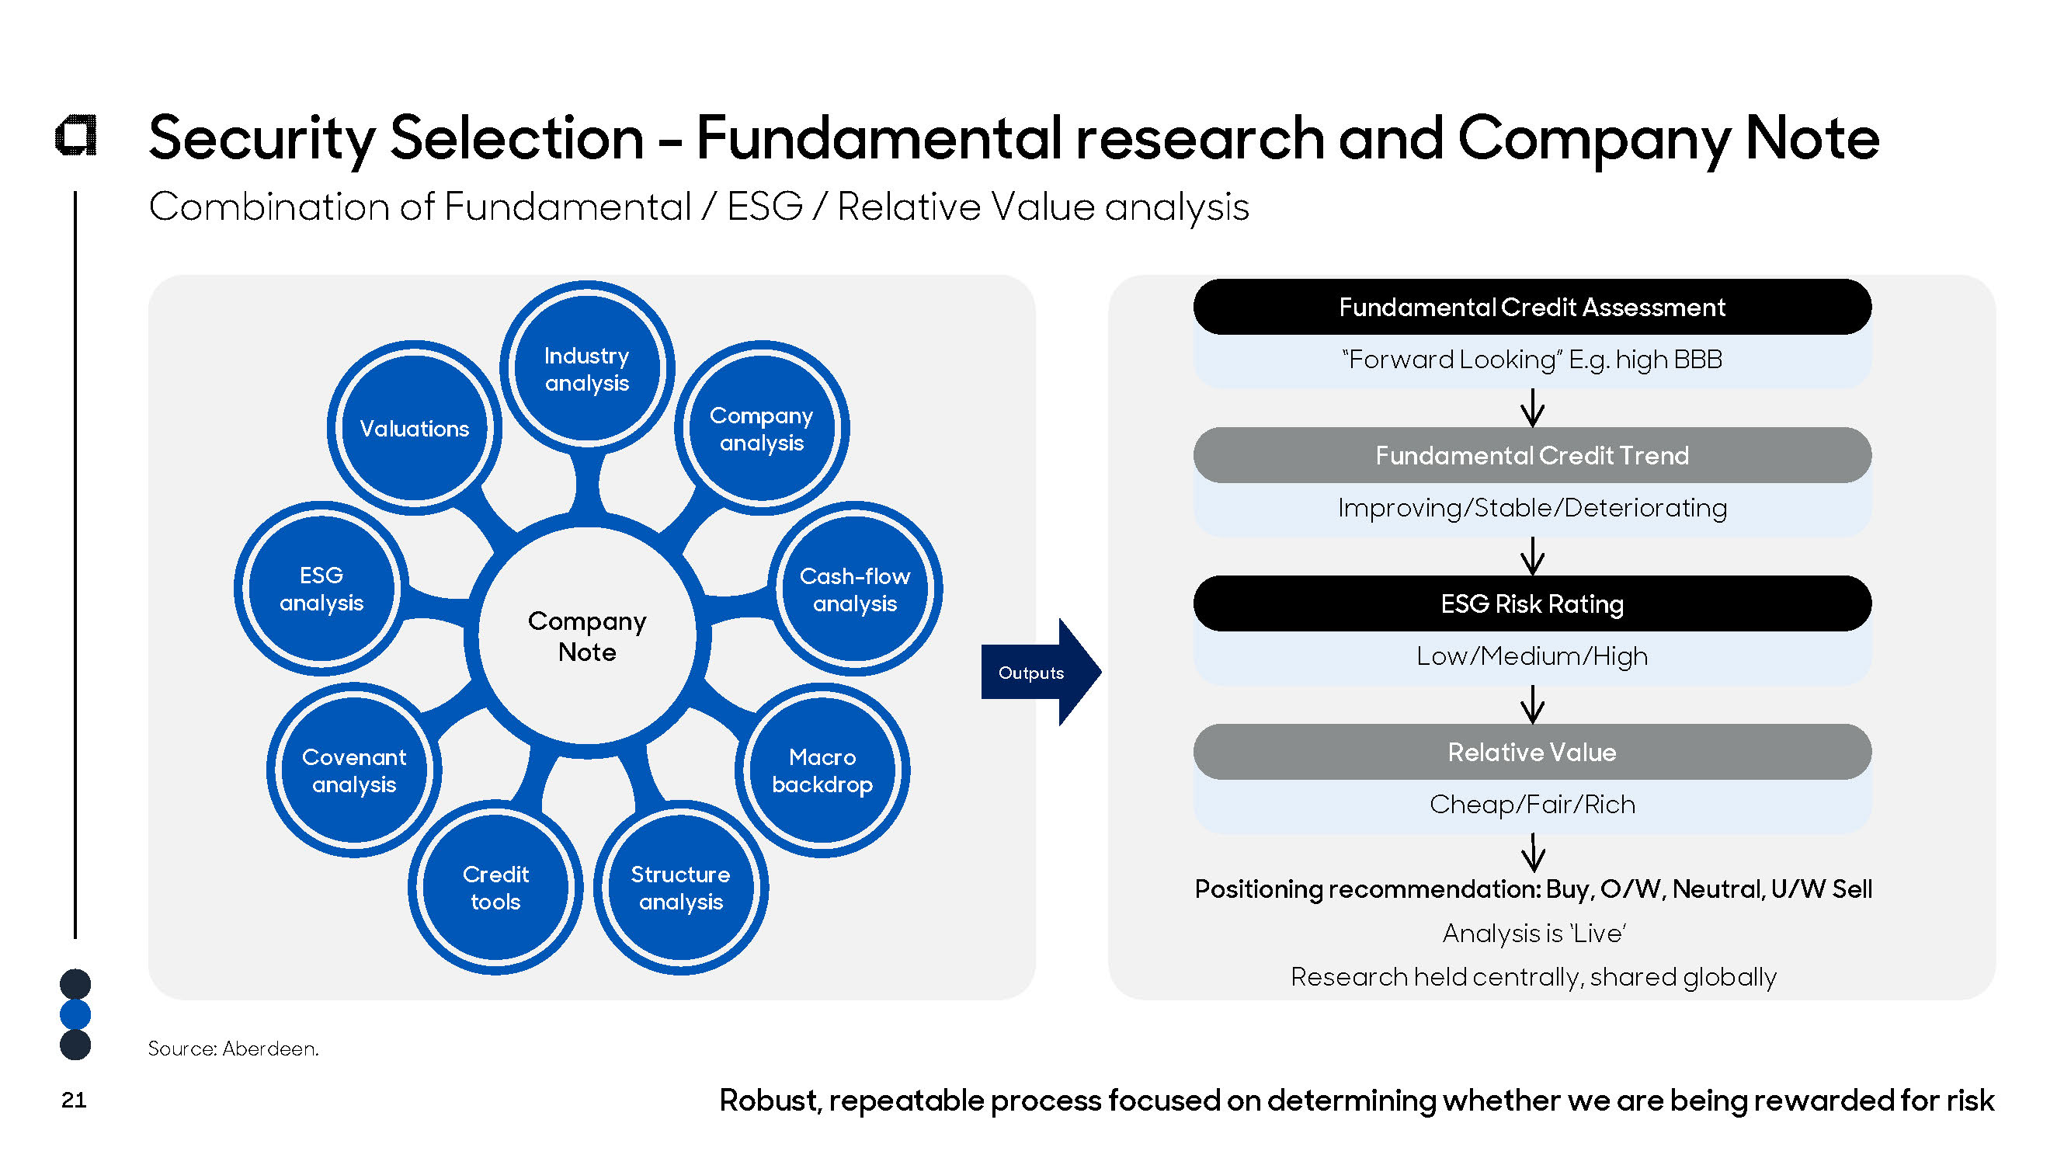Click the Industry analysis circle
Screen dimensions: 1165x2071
coord(587,369)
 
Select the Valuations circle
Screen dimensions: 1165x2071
coord(414,429)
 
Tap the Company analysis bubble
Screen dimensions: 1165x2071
coord(761,429)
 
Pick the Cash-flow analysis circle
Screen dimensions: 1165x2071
coord(855,589)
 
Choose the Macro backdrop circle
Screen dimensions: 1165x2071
coord(822,770)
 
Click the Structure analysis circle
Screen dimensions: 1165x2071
coord(680,888)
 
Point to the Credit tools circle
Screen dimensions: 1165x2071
coord(495,888)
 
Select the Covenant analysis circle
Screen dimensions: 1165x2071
coord(354,770)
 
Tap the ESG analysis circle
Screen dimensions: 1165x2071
coord(321,589)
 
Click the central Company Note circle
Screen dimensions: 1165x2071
coord(587,636)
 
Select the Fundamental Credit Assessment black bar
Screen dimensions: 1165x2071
coord(1531,307)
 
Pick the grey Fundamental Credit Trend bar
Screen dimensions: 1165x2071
coord(1531,455)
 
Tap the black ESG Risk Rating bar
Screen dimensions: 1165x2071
coord(1531,603)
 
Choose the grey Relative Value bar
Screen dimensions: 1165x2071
coord(1531,752)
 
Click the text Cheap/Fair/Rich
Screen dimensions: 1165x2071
coord(1531,804)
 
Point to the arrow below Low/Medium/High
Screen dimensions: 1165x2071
coord(1532,704)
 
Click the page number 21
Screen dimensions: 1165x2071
coord(74,1100)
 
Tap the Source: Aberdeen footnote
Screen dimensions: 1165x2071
coord(233,1048)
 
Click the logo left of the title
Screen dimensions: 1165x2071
coord(76,135)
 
